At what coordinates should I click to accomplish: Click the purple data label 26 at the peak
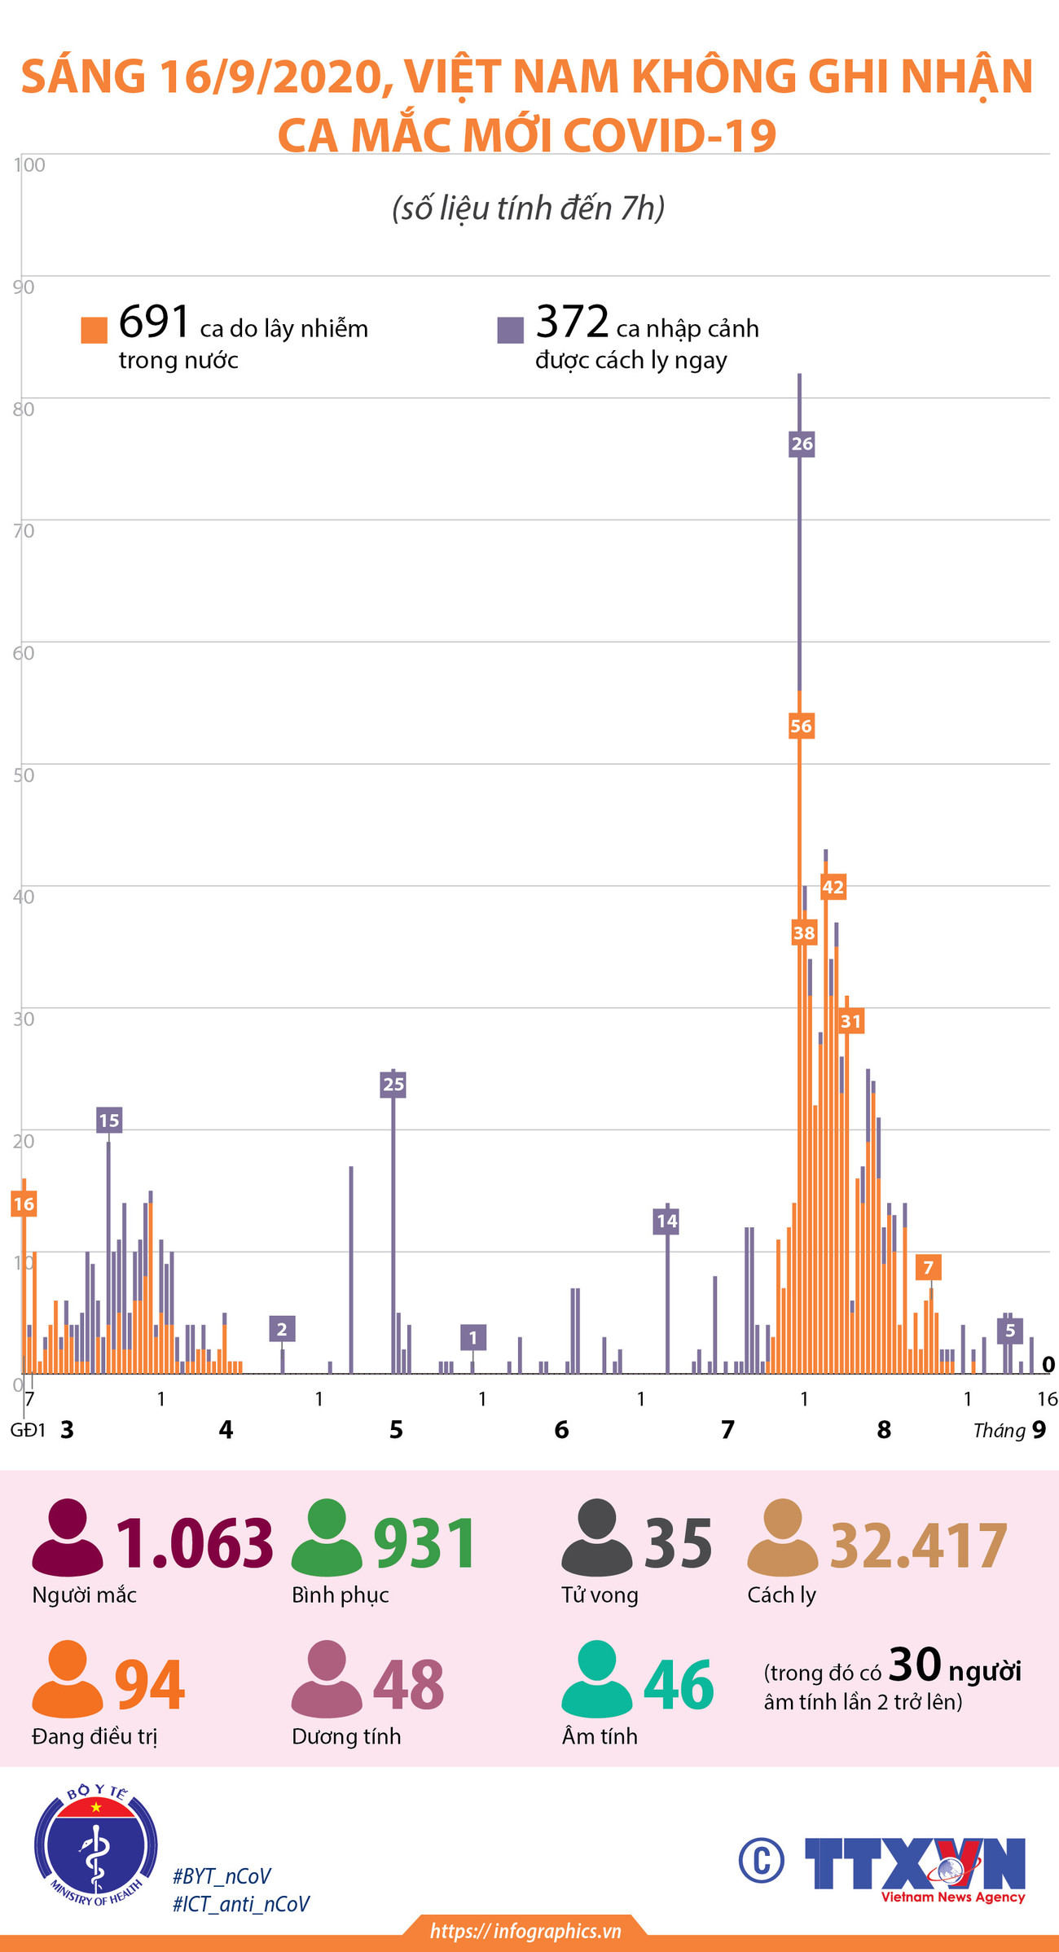(x=802, y=444)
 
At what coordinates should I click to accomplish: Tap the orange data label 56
(x=801, y=726)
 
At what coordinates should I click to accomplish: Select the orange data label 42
(x=833, y=887)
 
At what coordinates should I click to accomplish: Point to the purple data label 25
(x=393, y=1084)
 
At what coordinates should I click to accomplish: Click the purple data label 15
(x=108, y=1120)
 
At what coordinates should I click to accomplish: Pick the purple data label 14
(x=666, y=1220)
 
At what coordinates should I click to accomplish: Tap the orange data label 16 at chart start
(x=24, y=1204)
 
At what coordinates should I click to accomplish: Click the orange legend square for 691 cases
(x=94, y=330)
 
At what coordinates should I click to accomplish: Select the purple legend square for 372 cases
(x=511, y=330)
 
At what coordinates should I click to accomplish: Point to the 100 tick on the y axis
(x=29, y=165)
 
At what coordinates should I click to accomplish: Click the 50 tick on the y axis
(x=24, y=774)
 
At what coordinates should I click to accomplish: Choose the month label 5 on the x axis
(x=396, y=1429)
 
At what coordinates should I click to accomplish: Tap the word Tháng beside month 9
(x=999, y=1430)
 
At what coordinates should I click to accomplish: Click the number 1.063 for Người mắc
(x=194, y=1542)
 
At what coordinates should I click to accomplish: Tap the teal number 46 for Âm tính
(x=679, y=1686)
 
